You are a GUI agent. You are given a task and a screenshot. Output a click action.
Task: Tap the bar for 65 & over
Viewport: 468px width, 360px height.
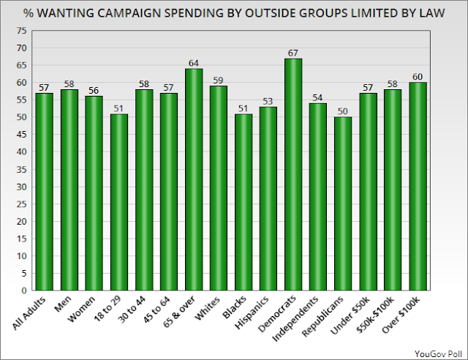pyautogui.click(x=194, y=179)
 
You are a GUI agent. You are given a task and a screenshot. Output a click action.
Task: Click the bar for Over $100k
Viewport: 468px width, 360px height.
pyautogui.click(x=418, y=187)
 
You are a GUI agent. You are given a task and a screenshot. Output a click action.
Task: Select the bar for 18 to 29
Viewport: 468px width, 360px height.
pyautogui.click(x=119, y=202)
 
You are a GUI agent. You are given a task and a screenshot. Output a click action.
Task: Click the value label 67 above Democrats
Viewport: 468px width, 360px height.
pyautogui.click(x=293, y=53)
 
